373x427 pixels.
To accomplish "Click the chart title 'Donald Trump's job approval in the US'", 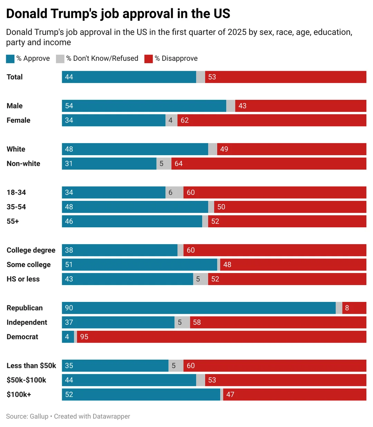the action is pos(118,14).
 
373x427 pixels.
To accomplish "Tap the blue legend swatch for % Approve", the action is pos(10,59).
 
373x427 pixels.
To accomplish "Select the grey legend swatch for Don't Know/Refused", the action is pos(60,59).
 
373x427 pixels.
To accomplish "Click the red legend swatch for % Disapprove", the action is pos(148,59).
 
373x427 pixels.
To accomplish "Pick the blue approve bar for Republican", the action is pos(199,307).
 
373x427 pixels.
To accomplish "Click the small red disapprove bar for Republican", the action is pos(354,307).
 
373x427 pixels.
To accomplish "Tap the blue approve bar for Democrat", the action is pos(68,336).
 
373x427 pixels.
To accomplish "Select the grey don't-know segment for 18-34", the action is pos(174,192).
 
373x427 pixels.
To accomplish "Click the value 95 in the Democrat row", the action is pos(84,336).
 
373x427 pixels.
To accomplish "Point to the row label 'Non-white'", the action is pos(23,163).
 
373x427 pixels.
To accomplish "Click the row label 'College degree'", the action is pos(31,250).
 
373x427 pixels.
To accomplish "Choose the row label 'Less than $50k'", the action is pos(31,366).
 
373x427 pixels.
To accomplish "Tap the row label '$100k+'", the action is pos(19,394).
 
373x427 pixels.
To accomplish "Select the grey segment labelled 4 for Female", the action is pos(172,120).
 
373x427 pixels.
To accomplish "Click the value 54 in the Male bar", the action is pos(69,106).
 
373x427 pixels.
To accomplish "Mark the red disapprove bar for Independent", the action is pos(278,322).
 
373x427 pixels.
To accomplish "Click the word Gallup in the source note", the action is pos(39,416).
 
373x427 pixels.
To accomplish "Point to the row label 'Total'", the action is pos(15,77).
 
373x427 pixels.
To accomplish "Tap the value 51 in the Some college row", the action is pos(69,264).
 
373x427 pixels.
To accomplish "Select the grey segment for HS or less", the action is pos(200,279).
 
